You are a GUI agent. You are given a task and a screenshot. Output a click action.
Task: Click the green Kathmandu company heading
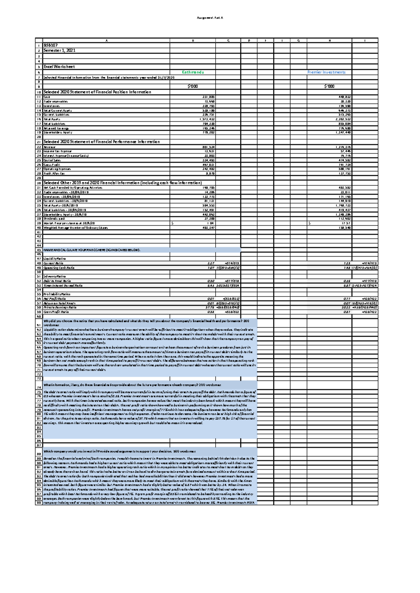pos(193,72)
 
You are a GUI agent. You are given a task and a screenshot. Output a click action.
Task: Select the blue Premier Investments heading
pos(326,72)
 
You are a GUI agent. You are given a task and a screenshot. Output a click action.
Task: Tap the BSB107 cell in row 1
pos(50,45)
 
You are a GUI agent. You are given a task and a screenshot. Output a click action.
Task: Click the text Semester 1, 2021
pos(59,50)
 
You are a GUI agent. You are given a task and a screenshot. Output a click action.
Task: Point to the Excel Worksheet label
pos(59,66)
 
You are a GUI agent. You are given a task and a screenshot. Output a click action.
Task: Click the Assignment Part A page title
pos(210,17)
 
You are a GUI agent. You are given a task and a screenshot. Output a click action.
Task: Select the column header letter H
pos(329,41)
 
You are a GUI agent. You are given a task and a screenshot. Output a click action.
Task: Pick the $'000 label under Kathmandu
pos(192,86)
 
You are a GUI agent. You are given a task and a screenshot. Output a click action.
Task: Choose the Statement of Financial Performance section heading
pos(101,142)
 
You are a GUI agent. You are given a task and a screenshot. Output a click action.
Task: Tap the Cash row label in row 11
pos(47,97)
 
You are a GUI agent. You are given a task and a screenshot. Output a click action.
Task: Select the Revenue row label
pos(49,147)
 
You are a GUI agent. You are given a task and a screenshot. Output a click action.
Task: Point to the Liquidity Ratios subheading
pos(54,259)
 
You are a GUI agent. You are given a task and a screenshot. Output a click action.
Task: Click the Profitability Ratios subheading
pos(57,294)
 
